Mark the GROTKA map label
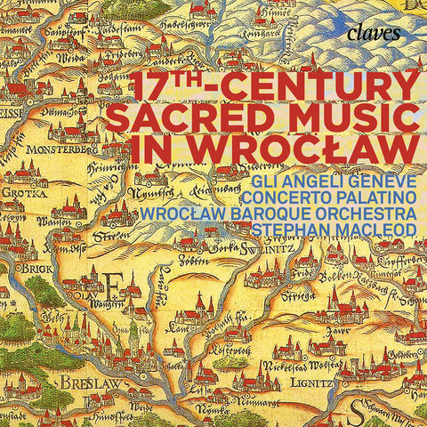(20, 190)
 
